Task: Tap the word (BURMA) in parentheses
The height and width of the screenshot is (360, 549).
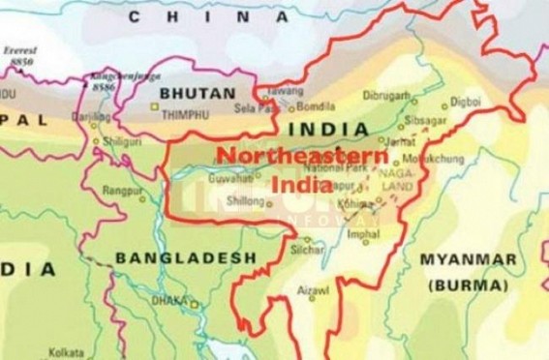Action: [x=471, y=285]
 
